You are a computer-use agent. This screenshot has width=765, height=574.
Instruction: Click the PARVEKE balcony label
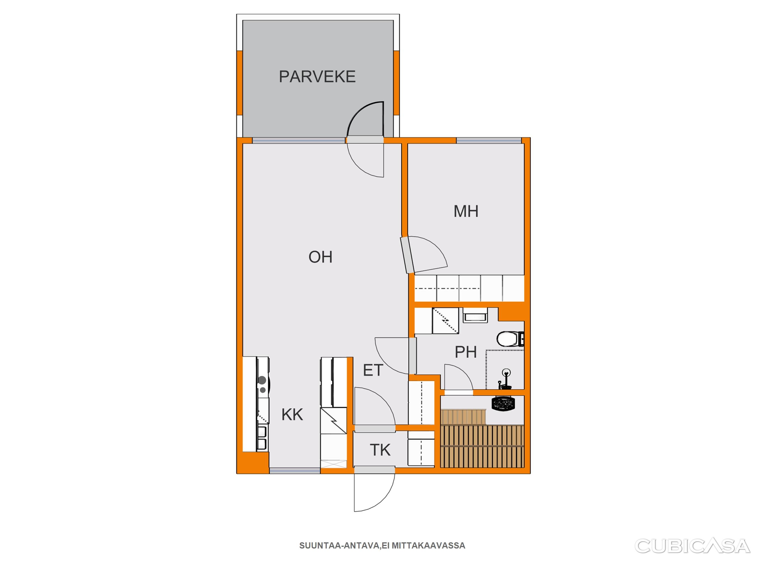317,77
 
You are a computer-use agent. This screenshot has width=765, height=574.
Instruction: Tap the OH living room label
320,257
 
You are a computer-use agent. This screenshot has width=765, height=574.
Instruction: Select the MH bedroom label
466,211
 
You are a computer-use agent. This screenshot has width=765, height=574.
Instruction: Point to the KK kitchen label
292,415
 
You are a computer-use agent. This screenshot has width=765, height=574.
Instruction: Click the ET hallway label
373,370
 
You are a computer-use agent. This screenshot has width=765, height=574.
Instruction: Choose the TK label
380,450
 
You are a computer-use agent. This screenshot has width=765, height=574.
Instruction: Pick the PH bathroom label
465,352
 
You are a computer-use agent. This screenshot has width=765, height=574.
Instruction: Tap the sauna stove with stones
504,403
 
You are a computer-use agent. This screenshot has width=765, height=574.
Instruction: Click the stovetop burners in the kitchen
263,385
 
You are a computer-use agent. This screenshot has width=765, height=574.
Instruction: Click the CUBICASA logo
692,546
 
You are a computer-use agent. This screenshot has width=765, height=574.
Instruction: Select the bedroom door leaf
407,255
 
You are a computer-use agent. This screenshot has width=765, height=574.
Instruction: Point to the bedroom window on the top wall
489,140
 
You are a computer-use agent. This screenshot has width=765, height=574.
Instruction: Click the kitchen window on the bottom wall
295,471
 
